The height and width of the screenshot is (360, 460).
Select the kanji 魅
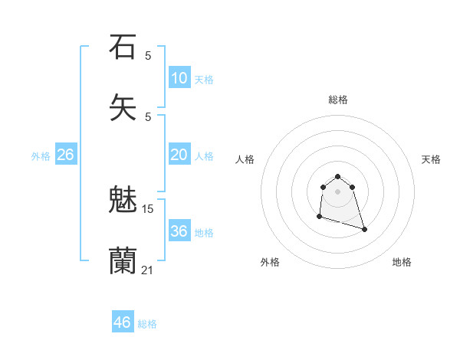[123, 201]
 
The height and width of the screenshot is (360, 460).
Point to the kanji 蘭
[123, 261]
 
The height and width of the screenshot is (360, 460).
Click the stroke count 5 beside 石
[148, 55]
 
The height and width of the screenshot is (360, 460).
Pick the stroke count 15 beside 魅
[148, 208]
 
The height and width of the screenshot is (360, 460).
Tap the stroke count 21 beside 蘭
[148, 269]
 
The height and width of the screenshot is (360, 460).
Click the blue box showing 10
[179, 78]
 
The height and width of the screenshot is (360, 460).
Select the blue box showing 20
[179, 155]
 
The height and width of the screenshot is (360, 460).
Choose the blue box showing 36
[179, 231]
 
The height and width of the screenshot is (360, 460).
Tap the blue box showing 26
[65, 155]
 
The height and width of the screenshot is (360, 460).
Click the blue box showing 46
[122, 322]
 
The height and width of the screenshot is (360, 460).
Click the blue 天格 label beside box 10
[204, 80]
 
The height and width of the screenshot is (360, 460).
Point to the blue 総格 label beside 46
[147, 324]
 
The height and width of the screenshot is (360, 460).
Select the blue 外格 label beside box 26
[41, 156]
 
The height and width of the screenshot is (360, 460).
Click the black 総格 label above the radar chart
[338, 100]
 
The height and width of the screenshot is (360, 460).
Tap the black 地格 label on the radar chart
[402, 262]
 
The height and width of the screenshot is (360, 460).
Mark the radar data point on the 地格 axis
[364, 229]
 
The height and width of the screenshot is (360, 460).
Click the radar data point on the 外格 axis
[319, 218]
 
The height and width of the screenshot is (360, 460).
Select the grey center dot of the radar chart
[338, 191]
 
